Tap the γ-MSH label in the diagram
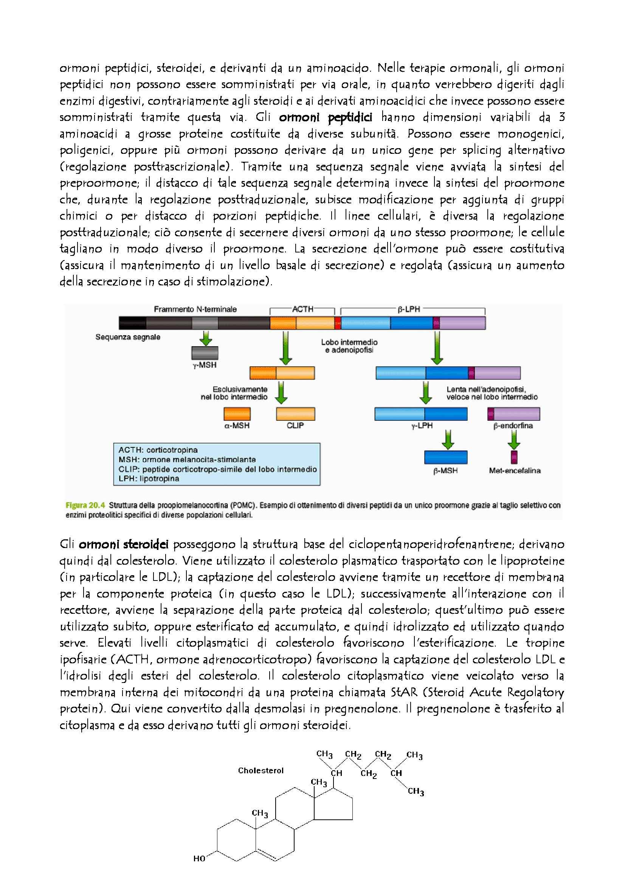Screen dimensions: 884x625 (205, 365)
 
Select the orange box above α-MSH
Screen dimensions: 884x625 (237, 414)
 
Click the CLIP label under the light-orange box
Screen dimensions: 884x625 (295, 426)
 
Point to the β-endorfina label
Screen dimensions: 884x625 (513, 426)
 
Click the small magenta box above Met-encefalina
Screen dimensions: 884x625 (514, 457)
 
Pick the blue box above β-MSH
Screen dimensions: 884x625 (445, 457)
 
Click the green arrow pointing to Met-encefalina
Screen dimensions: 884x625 (514, 439)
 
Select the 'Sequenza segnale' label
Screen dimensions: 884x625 (128, 337)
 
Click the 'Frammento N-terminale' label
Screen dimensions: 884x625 (195, 309)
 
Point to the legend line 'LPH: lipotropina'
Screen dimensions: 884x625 (143, 479)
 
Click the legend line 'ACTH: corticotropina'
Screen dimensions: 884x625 (158, 450)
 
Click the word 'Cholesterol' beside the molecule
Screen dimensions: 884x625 (261, 770)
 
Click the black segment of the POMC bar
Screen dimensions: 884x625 (132, 323)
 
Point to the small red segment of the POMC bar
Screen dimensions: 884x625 (338, 323)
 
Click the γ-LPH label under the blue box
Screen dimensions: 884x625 (422, 426)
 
